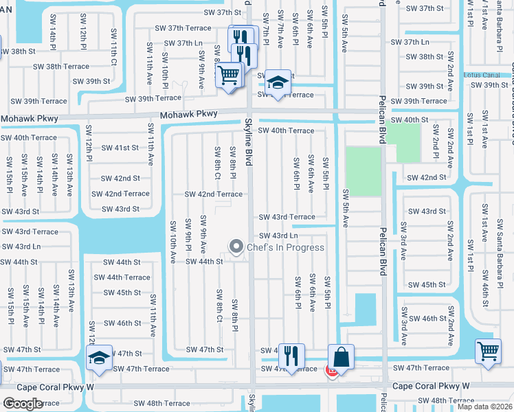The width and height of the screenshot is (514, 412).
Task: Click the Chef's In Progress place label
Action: click(x=285, y=247)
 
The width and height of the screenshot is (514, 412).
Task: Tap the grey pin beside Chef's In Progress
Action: click(x=237, y=246)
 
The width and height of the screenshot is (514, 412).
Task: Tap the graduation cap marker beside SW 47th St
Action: click(x=100, y=358)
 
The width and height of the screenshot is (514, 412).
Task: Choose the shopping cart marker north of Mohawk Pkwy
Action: click(x=229, y=74)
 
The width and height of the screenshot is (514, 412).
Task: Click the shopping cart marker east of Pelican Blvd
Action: click(x=488, y=352)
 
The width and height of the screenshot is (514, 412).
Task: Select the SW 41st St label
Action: click(x=120, y=148)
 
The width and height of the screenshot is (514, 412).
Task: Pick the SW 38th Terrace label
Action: click(x=62, y=67)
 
